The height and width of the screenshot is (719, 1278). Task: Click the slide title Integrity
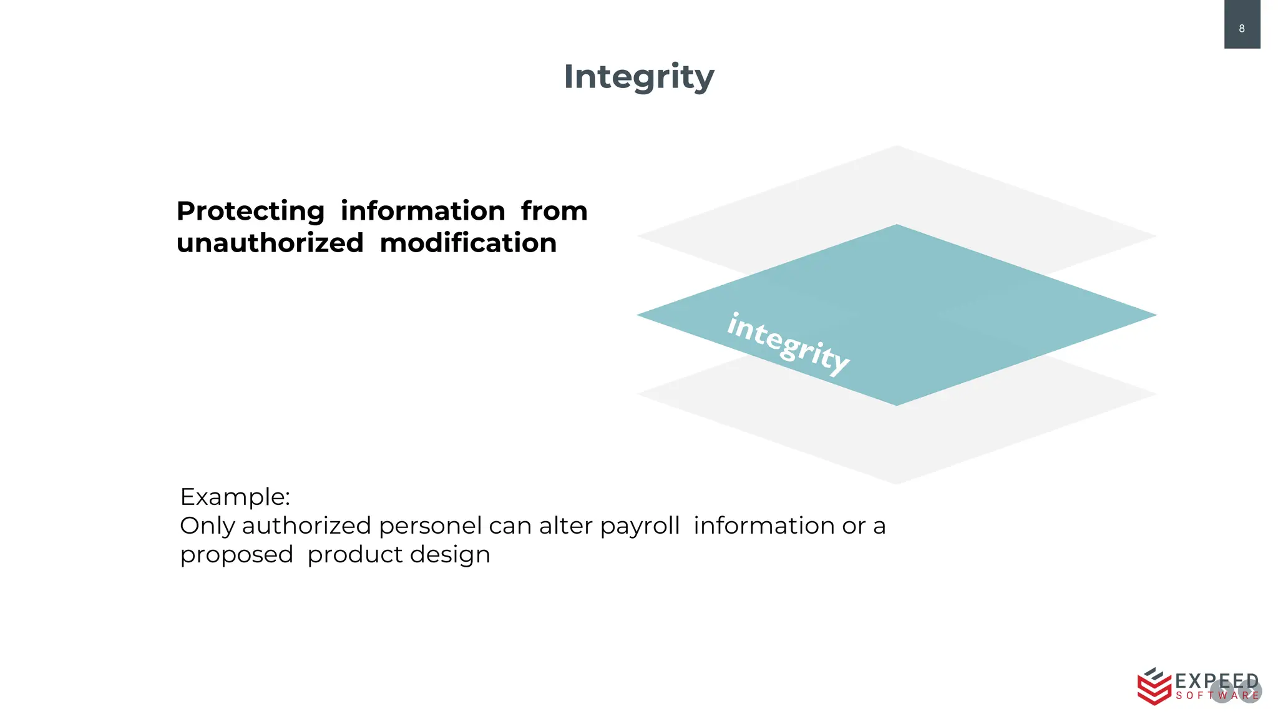tap(638, 77)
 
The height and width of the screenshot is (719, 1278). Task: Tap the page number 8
tap(1241, 28)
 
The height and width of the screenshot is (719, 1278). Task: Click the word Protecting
tap(250, 211)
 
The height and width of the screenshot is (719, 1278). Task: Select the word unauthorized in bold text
tap(270, 243)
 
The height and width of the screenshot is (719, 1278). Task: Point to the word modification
tap(468, 243)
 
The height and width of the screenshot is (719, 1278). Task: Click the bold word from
tap(554, 211)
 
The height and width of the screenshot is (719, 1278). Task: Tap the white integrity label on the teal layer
tap(788, 344)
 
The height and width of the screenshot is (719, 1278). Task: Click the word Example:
tap(235, 497)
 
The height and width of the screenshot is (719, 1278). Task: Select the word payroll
tap(640, 526)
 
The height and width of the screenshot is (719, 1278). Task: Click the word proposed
tap(237, 555)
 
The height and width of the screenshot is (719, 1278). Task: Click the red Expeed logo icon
tap(1153, 686)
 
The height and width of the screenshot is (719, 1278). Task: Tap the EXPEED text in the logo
tap(1216, 681)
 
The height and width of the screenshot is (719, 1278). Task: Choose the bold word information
tap(422, 211)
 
